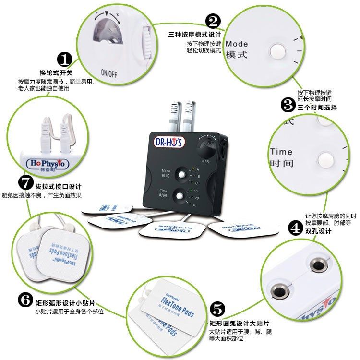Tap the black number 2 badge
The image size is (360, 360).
pos(213,21)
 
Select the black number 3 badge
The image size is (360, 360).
pos(288,105)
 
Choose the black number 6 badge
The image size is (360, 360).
pos(25,300)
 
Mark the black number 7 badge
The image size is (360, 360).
pos(25,182)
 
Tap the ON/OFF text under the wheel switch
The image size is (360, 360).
pos(108,73)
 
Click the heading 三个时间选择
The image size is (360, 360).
pos(317,108)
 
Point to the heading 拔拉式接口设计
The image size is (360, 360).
pos(58,186)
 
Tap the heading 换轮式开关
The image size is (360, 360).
pos(56,73)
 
